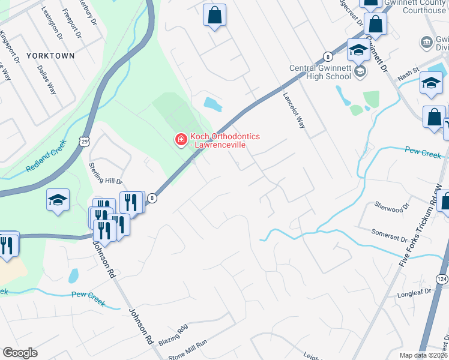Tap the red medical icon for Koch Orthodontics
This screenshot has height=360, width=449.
tap(179, 140)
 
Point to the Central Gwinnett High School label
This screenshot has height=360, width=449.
tap(320, 72)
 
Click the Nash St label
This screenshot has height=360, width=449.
tap(406, 78)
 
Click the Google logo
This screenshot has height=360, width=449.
tap(20, 353)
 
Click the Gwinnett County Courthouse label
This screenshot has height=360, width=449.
tap(417, 7)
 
